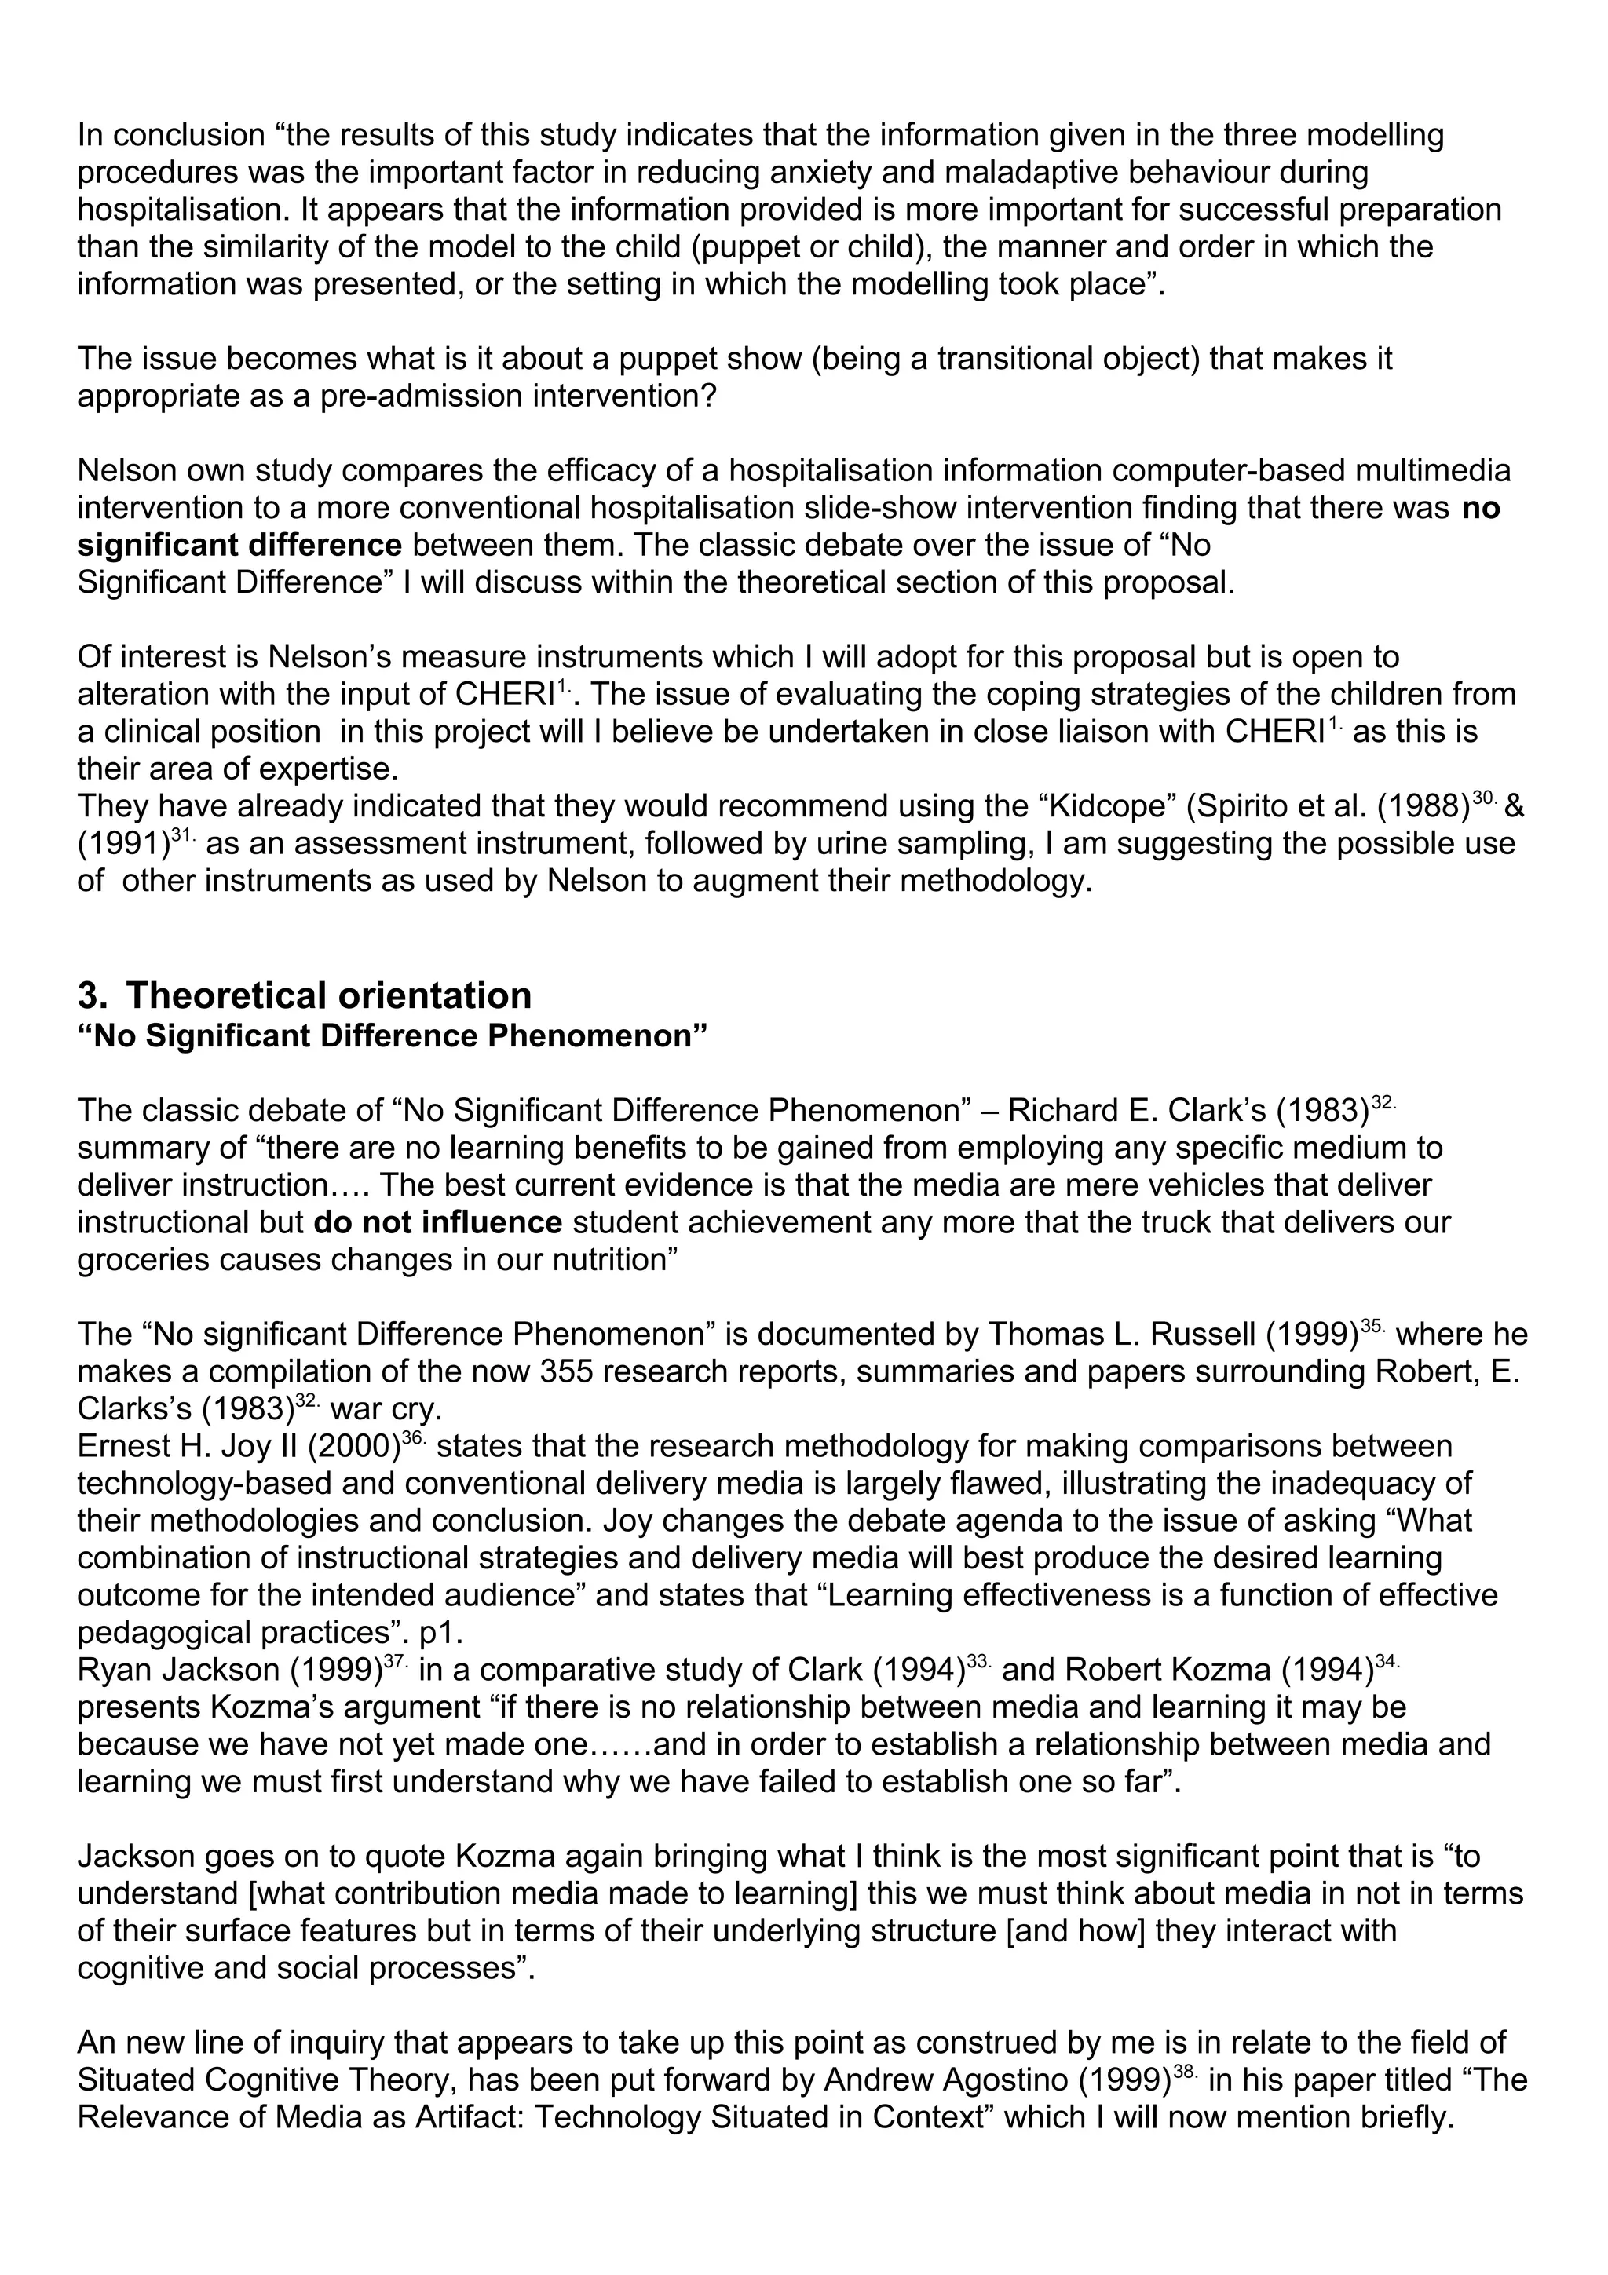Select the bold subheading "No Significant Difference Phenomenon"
(393, 1036)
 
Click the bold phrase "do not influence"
(438, 1223)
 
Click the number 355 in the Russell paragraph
(570, 1371)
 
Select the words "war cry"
(395, 1409)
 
